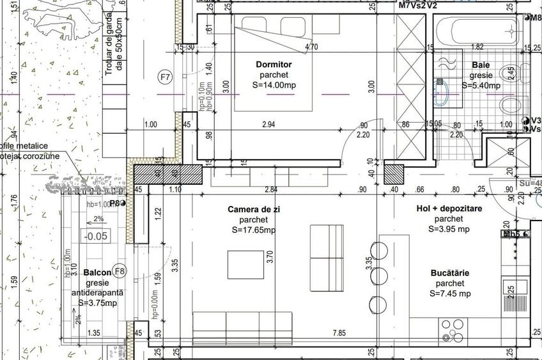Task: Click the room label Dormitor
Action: coord(274,65)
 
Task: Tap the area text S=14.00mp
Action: coord(274,85)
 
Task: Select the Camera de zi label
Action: coord(254,210)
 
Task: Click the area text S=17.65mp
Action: coord(254,230)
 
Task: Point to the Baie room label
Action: coord(481,65)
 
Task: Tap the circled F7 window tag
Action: coord(166,78)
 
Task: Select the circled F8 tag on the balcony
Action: coord(120,270)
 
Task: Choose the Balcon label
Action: coord(97,272)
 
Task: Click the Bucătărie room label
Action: coord(449,273)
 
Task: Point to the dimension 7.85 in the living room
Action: coord(339,333)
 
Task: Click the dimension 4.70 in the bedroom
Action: coord(312,47)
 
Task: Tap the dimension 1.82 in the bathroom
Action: coord(477,47)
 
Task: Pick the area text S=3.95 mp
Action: coord(449,229)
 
